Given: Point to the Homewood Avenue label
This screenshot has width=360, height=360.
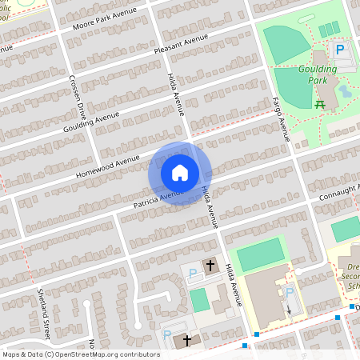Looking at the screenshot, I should click(102, 166).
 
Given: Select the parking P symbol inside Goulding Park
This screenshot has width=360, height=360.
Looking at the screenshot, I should click(339, 50).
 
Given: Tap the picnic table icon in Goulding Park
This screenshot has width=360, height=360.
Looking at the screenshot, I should click(321, 104).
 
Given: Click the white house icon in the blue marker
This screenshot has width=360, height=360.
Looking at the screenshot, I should click(179, 173).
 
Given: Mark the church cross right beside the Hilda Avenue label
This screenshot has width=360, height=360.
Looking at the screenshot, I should click(211, 265).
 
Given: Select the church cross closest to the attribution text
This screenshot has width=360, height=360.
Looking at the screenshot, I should click(187, 341).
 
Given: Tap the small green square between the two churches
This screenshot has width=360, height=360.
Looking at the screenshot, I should click(198, 301).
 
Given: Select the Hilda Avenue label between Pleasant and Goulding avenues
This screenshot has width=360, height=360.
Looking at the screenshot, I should click(174, 92).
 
